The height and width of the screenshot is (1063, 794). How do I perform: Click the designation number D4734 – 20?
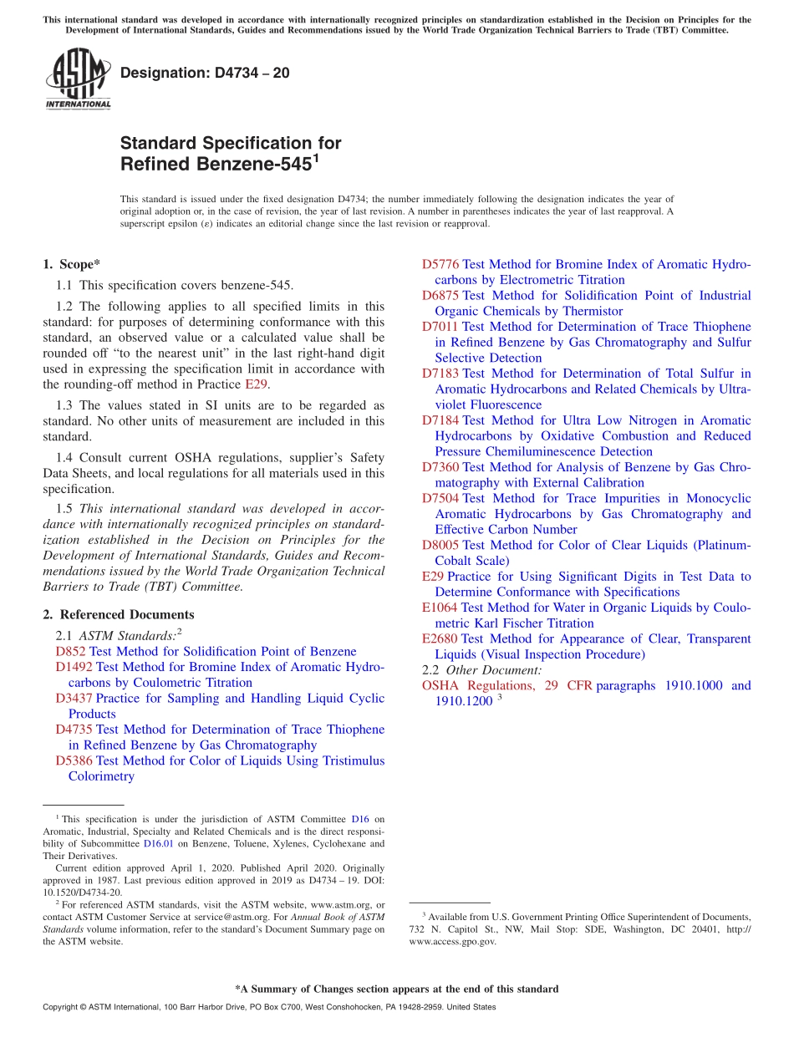coord(205,73)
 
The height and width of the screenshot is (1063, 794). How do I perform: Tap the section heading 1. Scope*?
coord(71,264)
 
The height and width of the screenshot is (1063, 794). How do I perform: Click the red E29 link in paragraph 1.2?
coord(256,384)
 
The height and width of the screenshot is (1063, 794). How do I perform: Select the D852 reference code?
coord(71,652)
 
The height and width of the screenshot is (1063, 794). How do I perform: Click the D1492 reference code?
coord(74,667)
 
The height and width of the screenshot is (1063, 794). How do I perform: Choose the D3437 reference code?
coord(74,699)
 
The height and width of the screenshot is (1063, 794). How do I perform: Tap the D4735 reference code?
coord(74,730)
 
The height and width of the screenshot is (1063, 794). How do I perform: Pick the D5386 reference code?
coord(74,760)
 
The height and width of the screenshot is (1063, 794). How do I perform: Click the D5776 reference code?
coord(440,265)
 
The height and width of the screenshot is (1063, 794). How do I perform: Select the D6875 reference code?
coord(440,296)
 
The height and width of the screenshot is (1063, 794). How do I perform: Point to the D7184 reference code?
coord(440,420)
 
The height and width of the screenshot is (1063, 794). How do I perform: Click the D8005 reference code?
coord(440,545)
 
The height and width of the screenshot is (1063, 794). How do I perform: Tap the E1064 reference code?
coord(440,608)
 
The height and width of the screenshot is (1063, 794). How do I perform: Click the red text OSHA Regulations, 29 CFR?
coord(506,685)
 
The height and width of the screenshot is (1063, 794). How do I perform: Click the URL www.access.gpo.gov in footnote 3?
coord(452,941)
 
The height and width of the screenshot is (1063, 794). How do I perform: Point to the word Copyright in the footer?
coord(62,1007)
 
